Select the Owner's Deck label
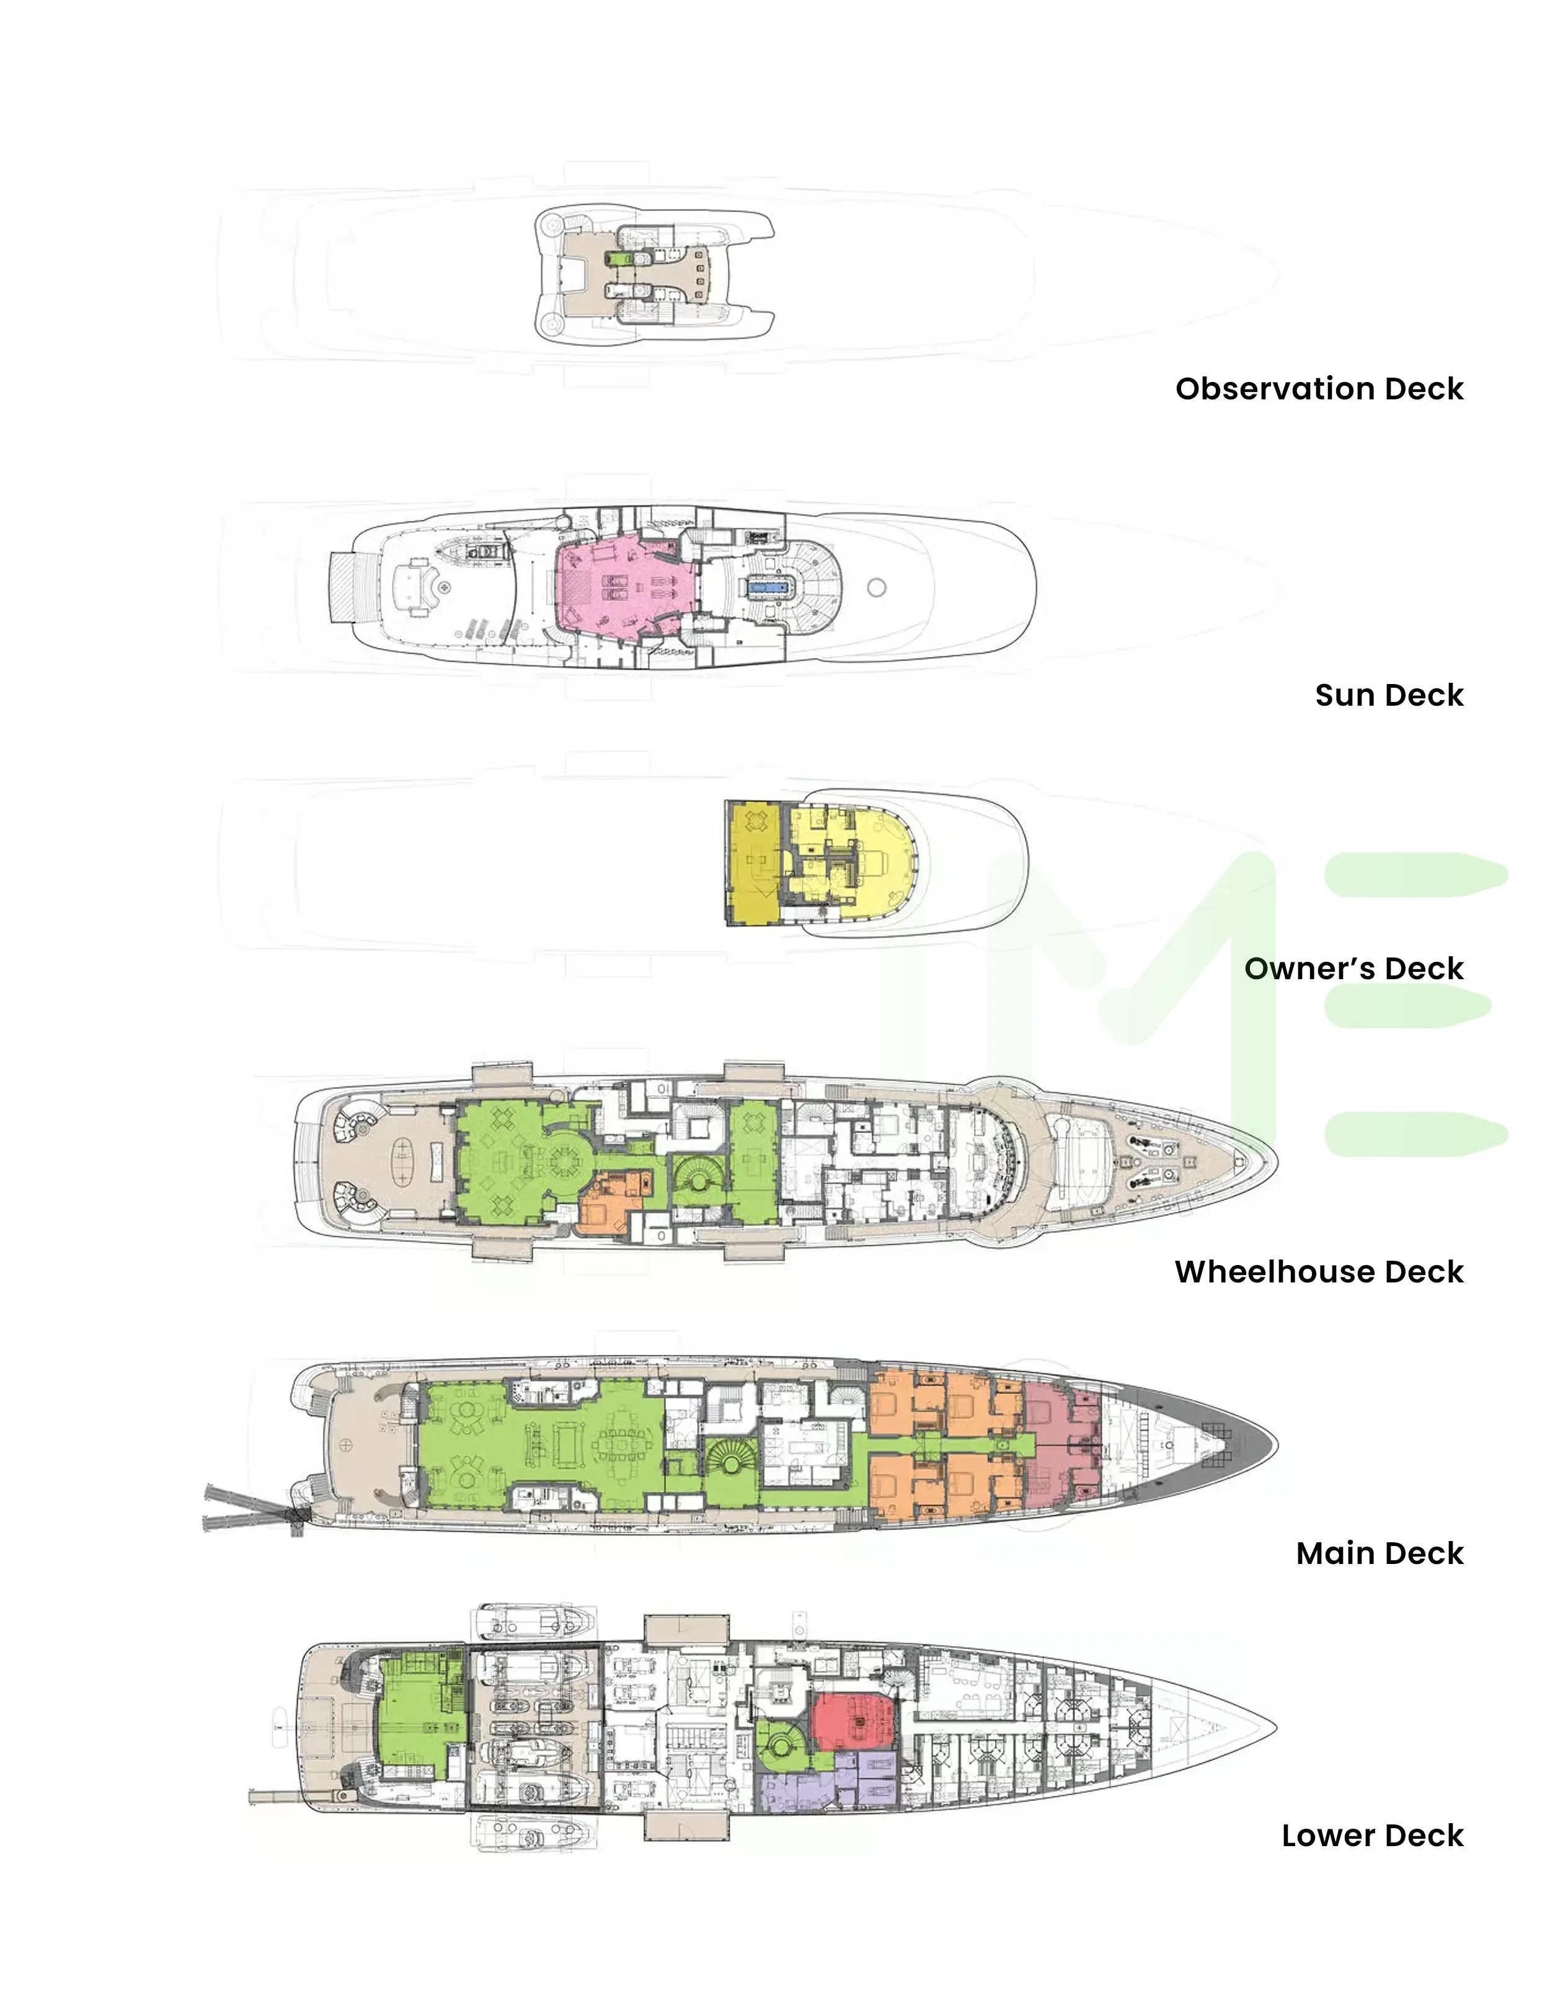point(1353,968)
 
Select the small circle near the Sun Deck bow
point(876,587)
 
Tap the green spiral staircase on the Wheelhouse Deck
point(699,1179)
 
